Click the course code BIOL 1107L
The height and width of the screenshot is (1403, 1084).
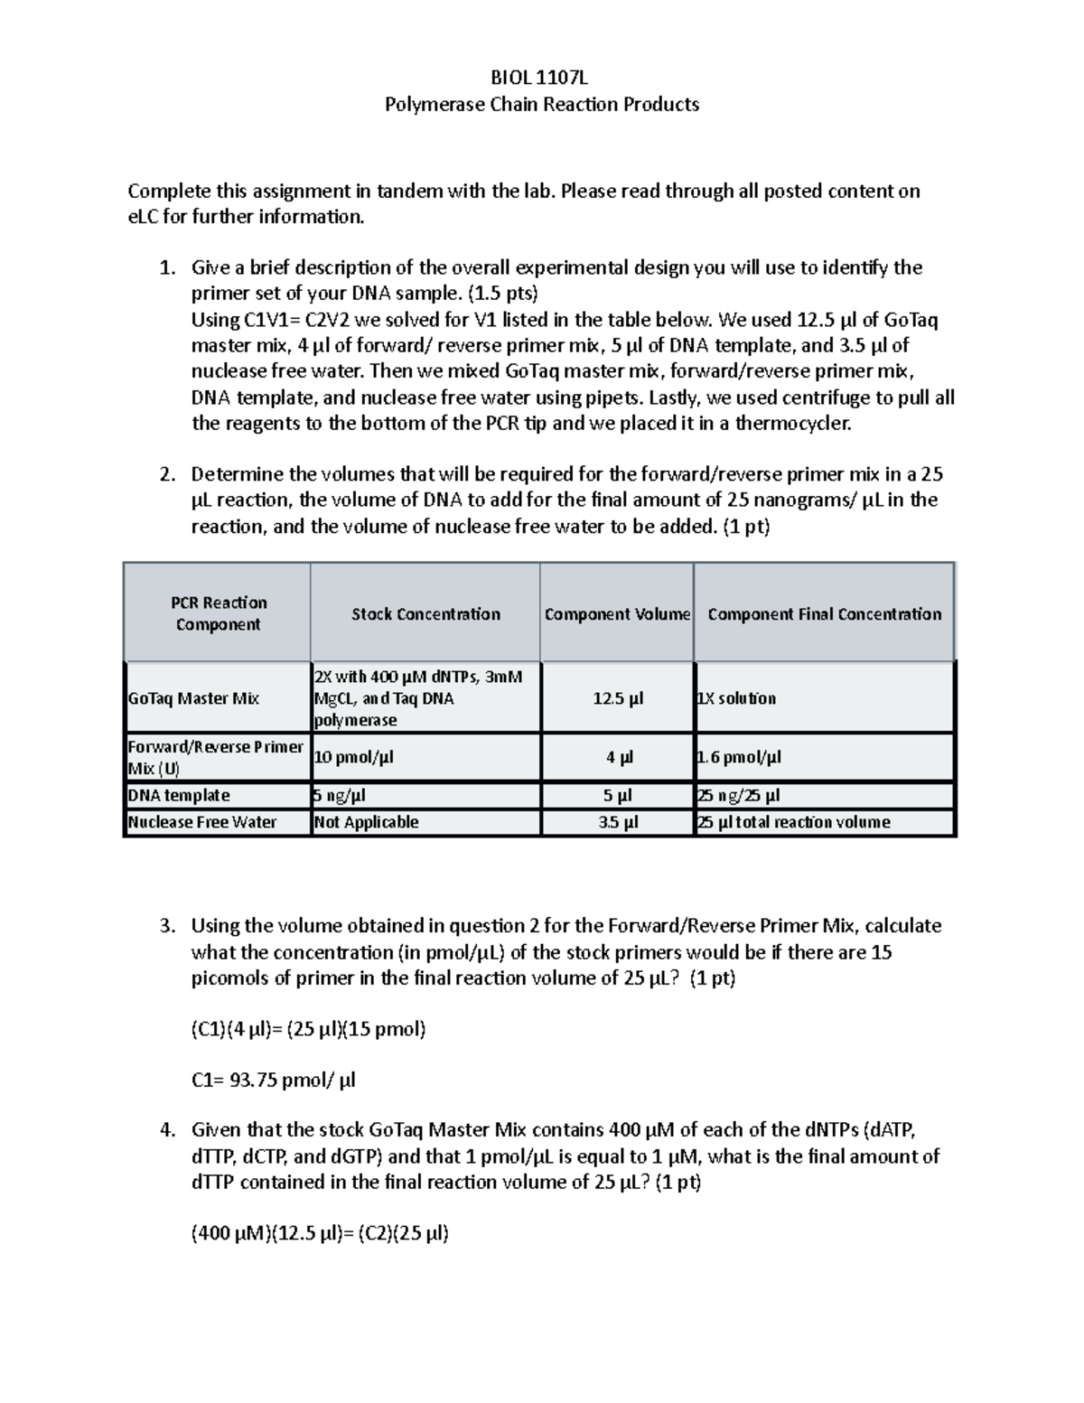coord(541,78)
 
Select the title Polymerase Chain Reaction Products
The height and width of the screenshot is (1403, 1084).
coord(541,104)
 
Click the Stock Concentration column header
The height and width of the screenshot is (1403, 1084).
coord(425,614)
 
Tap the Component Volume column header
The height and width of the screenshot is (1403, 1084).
coord(617,614)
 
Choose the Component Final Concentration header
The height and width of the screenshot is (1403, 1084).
coord(824,614)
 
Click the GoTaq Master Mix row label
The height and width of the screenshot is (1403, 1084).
coord(193,698)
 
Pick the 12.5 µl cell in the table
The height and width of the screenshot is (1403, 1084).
coord(618,698)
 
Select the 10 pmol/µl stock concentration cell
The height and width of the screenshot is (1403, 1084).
coord(354,757)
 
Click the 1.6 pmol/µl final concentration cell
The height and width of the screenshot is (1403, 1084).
coord(740,757)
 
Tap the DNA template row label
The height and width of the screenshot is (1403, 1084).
coord(179,796)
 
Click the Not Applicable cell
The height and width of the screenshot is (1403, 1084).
coord(366,822)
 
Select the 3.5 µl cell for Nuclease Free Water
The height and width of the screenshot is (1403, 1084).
coord(618,822)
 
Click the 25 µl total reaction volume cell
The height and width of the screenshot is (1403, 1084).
coord(794,822)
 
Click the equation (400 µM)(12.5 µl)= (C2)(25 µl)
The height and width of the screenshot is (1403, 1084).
coord(320,1234)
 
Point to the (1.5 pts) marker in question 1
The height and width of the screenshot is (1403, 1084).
coord(501,294)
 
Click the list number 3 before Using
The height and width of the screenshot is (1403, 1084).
coord(165,926)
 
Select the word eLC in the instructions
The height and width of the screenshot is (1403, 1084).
coord(145,217)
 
